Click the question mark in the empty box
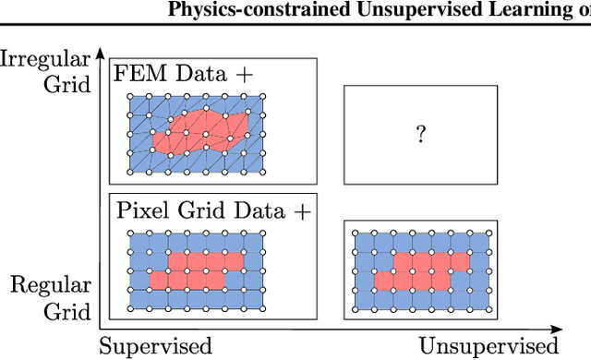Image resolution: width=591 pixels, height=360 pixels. (x=420, y=135)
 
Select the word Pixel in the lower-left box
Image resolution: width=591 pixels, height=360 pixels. (x=139, y=210)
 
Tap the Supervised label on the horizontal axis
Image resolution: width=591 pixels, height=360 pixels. (x=155, y=346)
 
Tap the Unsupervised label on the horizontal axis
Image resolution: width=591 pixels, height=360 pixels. (x=488, y=346)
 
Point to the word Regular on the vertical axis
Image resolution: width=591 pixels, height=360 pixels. (x=51, y=286)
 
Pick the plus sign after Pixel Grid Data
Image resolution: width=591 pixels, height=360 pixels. (x=302, y=210)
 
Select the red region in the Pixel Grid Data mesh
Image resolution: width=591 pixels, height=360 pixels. (x=199, y=269)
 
